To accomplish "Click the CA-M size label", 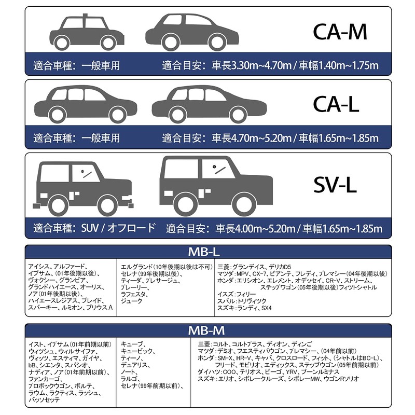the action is [340, 32].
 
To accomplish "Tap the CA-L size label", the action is [337, 104].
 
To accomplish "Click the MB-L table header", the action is [207, 252].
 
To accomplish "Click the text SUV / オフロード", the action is [118, 228].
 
